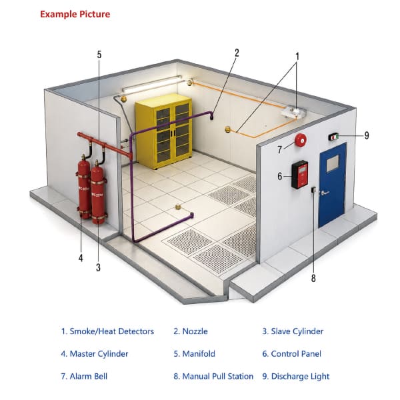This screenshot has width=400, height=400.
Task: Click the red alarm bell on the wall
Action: coord(301,140)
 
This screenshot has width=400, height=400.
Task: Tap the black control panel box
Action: coord(300,175)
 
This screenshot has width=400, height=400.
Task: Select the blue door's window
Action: coord(333,164)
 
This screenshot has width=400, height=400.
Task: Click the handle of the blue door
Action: coord(325,193)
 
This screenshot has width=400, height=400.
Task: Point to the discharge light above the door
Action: coord(333,137)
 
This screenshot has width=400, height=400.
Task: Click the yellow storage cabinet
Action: coord(164,131)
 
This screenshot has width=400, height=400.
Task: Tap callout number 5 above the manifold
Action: coord(99,55)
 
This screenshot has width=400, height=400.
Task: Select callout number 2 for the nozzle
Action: coord(237,53)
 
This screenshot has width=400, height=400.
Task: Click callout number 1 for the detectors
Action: coord(297,57)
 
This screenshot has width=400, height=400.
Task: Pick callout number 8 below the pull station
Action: coord(313,278)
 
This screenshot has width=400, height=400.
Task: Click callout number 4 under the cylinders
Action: coord(81,258)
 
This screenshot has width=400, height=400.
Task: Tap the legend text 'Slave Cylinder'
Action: coord(297,331)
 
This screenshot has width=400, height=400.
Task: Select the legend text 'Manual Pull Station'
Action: coord(218,376)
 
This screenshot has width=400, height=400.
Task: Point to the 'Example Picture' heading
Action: coord(75,14)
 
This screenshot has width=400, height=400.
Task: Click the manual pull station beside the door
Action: coord(313,189)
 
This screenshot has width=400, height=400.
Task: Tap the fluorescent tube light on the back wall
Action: coord(152,84)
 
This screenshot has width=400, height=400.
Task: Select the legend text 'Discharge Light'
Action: coord(300,377)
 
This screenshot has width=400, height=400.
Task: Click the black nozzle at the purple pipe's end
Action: coord(211,117)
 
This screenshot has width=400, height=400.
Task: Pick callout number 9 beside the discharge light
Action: coord(367,135)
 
